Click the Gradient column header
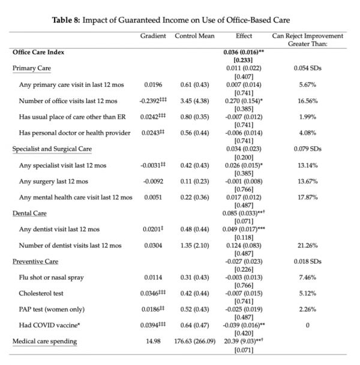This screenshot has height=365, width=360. click(x=153, y=36)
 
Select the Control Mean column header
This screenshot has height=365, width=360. click(x=195, y=36)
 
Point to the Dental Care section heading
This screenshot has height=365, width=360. click(x=30, y=213)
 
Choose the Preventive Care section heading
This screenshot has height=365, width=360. click(x=35, y=261)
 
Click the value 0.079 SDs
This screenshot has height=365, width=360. click(x=308, y=149)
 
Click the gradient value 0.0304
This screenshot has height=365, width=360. click(x=153, y=245)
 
